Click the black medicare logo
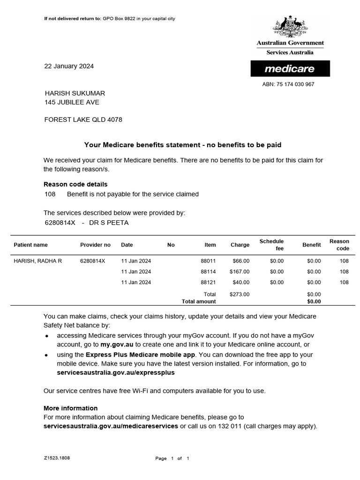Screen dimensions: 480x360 pyautogui.click(x=290, y=69)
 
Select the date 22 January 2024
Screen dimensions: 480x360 pyautogui.click(x=69, y=66)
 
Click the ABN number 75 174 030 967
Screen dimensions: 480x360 pyautogui.click(x=288, y=84)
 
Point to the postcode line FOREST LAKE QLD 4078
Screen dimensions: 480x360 pyautogui.click(x=83, y=120)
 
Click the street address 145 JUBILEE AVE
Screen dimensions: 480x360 pyautogui.click(x=72, y=102)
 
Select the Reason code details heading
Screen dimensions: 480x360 pyautogui.click(x=75, y=184)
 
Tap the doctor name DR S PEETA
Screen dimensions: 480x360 pyautogui.click(x=109, y=223)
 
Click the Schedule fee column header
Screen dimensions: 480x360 pyautogui.click(x=271, y=245)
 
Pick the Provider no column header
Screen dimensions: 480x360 pyautogui.click(x=95, y=245)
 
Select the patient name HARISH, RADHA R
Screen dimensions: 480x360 pyautogui.click(x=38, y=261)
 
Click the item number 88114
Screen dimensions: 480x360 pyautogui.click(x=208, y=271)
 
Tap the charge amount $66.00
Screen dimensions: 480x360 pyautogui.click(x=241, y=261)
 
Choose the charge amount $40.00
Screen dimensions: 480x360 pyautogui.click(x=241, y=282)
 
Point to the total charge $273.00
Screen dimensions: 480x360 pyautogui.click(x=240, y=294)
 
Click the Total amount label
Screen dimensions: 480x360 pyautogui.click(x=199, y=301)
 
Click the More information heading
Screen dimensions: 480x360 pyautogui.click(x=70, y=408)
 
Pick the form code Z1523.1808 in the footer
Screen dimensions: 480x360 pyautogui.click(x=57, y=457)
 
